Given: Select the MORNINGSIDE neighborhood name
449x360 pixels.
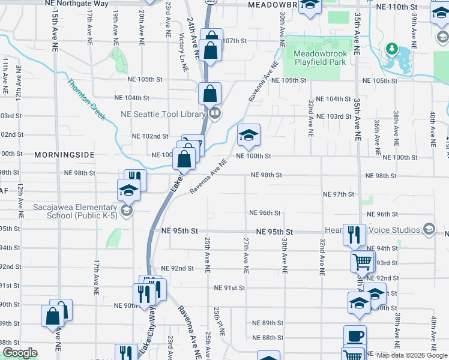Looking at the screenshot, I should (x=64, y=155).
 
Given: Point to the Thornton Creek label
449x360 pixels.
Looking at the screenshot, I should (x=86, y=100).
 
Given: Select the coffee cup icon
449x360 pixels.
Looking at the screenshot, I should (x=355, y=336).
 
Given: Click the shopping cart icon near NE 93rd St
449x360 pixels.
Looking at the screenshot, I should (x=363, y=262).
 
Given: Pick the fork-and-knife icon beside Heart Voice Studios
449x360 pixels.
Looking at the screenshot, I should (x=354, y=234).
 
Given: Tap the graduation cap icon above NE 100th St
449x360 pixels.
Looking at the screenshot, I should (x=249, y=136).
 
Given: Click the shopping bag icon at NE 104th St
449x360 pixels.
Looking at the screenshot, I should (x=209, y=94).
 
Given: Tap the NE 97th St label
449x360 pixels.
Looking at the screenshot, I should (x=339, y=194).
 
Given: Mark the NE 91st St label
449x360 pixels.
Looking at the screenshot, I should (x=230, y=288).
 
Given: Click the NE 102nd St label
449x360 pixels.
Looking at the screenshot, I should (x=150, y=136).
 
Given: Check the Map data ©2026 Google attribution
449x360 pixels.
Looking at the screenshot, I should (x=411, y=355).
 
